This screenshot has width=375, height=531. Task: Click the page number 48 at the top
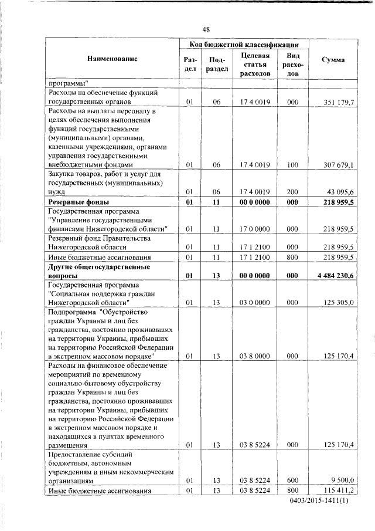[206, 29]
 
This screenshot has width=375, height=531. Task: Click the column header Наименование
[112, 59]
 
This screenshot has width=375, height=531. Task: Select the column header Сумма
[333, 60]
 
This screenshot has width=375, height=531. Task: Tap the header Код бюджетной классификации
[245, 45]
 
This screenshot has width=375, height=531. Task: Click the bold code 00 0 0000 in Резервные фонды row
[254, 202]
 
